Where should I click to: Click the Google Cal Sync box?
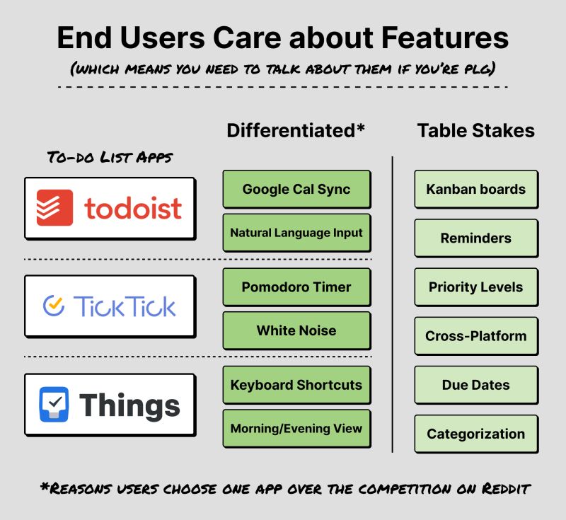click(x=296, y=189)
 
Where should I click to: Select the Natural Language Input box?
click(x=296, y=232)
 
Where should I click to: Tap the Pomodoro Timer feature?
click(x=296, y=287)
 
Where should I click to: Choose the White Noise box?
click(x=296, y=330)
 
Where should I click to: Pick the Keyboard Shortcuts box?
click(x=296, y=386)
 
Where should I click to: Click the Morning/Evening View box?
click(x=296, y=428)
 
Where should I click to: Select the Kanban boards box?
click(x=475, y=189)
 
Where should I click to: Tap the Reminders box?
click(x=475, y=238)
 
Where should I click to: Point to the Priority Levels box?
click(x=475, y=287)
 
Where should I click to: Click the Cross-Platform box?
click(x=475, y=336)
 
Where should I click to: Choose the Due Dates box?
click(x=475, y=386)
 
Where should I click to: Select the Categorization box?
click(x=475, y=434)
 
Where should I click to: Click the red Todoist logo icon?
click(x=54, y=207)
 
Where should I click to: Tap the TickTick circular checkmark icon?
click(x=54, y=306)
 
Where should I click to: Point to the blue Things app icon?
click(x=54, y=404)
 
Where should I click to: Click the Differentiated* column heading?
click(x=296, y=131)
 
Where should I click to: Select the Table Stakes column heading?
click(x=475, y=131)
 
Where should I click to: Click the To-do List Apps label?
click(x=109, y=157)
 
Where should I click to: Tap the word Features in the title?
click(x=436, y=37)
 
